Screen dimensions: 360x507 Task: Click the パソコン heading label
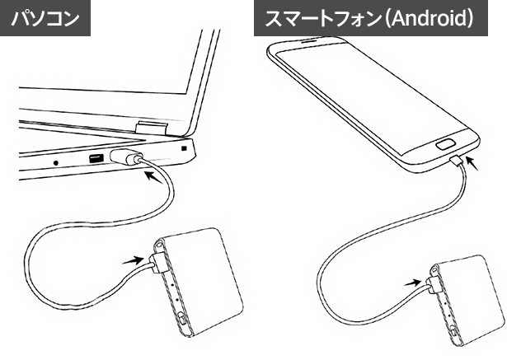click(45, 19)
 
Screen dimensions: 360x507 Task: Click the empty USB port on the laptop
click(96, 158)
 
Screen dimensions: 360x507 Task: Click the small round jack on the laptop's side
click(55, 162)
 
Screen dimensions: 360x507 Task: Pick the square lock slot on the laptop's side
click(184, 148)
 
